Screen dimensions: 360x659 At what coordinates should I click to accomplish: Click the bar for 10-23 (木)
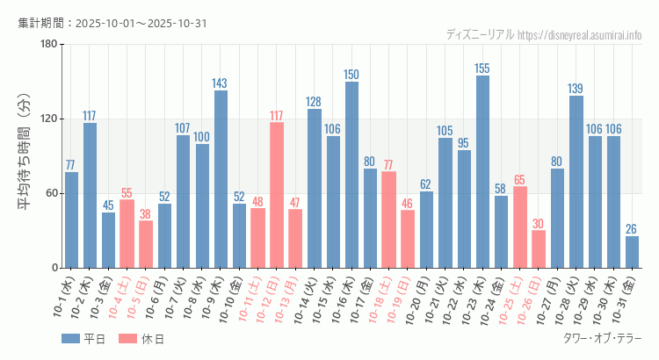pos(482,171)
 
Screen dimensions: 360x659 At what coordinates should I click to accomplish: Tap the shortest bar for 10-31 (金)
pos(632,252)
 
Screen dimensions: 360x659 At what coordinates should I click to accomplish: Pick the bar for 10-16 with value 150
pos(351,175)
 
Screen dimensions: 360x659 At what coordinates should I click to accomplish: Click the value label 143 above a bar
pos(221,83)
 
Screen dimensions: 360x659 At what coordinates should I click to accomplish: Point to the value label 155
pos(482,68)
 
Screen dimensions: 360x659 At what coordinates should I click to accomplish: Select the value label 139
pos(576,89)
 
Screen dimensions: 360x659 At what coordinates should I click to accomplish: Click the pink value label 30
pos(539,223)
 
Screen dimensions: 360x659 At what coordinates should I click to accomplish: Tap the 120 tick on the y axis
pos(47,119)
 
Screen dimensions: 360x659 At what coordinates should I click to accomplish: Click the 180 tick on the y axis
pos(47,44)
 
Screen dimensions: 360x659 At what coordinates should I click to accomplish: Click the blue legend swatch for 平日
pos(70,339)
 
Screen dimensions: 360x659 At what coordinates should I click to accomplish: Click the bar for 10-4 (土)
pos(127,234)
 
